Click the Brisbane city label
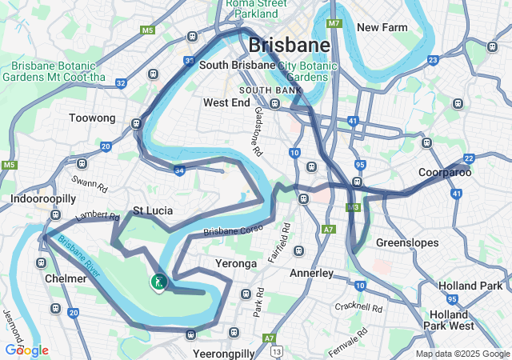click(x=289, y=45)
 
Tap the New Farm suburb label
click(x=382, y=27)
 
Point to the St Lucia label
click(x=153, y=211)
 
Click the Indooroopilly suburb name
click(x=43, y=198)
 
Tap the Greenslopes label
click(x=404, y=242)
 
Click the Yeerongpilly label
click(x=223, y=353)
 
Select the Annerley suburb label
click(x=310, y=273)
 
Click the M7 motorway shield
click(x=334, y=24)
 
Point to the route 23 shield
click(x=433, y=60)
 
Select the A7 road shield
click(x=329, y=230)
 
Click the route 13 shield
click(x=277, y=350)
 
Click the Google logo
click(x=26, y=350)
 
